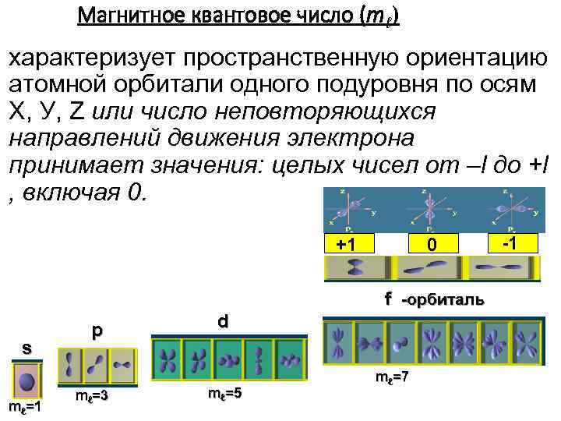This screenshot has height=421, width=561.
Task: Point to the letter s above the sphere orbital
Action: (x=26, y=348)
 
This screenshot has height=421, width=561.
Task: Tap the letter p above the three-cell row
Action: (x=96, y=331)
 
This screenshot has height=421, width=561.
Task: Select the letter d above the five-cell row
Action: (x=223, y=320)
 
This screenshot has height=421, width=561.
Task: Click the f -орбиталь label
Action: (x=433, y=299)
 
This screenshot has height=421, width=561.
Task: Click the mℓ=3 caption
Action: (x=91, y=397)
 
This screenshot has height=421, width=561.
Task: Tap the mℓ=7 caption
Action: (x=392, y=377)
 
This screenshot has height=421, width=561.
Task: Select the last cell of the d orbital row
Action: (x=289, y=359)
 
